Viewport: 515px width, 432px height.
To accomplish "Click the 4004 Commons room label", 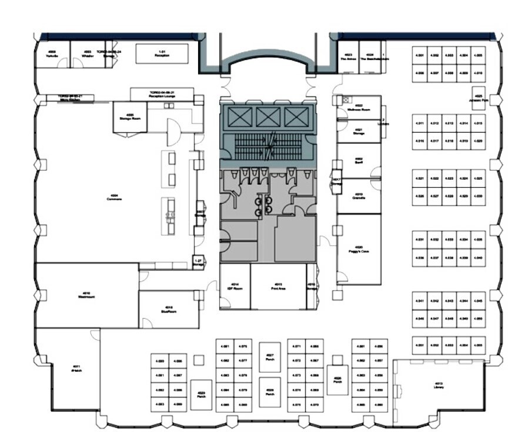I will click(114, 198).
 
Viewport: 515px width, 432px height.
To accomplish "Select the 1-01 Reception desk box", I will click(162, 54).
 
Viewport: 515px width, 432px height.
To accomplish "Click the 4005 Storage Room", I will click(130, 117).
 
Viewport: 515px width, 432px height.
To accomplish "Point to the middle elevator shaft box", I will click(267, 117).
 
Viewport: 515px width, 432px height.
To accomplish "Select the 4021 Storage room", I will click(359, 131).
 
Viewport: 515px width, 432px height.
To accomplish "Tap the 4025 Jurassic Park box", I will click(479, 97).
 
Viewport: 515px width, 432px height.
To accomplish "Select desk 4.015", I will click(478, 123).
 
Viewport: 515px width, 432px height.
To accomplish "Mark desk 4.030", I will click(478, 196).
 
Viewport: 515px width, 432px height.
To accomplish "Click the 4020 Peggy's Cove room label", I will click(358, 249).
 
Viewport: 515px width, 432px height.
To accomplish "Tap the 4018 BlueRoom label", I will click(169, 309).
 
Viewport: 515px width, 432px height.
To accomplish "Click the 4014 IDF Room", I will click(235, 287).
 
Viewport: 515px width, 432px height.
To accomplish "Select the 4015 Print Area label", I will click(277, 287).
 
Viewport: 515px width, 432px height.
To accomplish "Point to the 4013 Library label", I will click(439, 386).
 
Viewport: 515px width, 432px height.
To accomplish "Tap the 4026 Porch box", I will click(337, 379).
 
